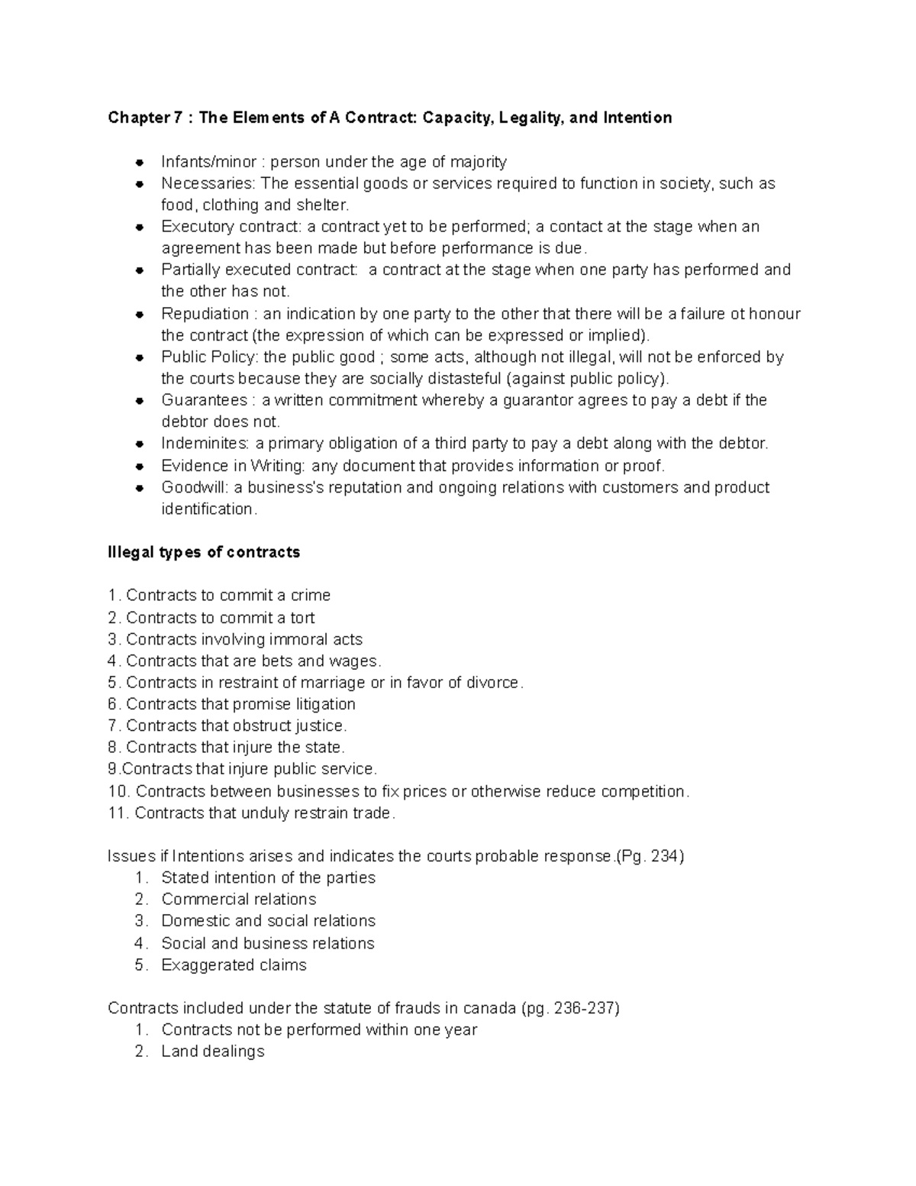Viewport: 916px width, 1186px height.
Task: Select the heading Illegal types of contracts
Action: pos(204,552)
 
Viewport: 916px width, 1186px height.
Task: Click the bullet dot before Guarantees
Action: pos(140,401)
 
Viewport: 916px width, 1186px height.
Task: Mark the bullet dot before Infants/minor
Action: pos(140,162)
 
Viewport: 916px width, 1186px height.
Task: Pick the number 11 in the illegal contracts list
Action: pos(117,813)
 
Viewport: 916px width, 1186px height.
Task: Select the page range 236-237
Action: pos(584,1008)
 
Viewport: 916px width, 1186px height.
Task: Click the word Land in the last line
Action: pos(176,1052)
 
